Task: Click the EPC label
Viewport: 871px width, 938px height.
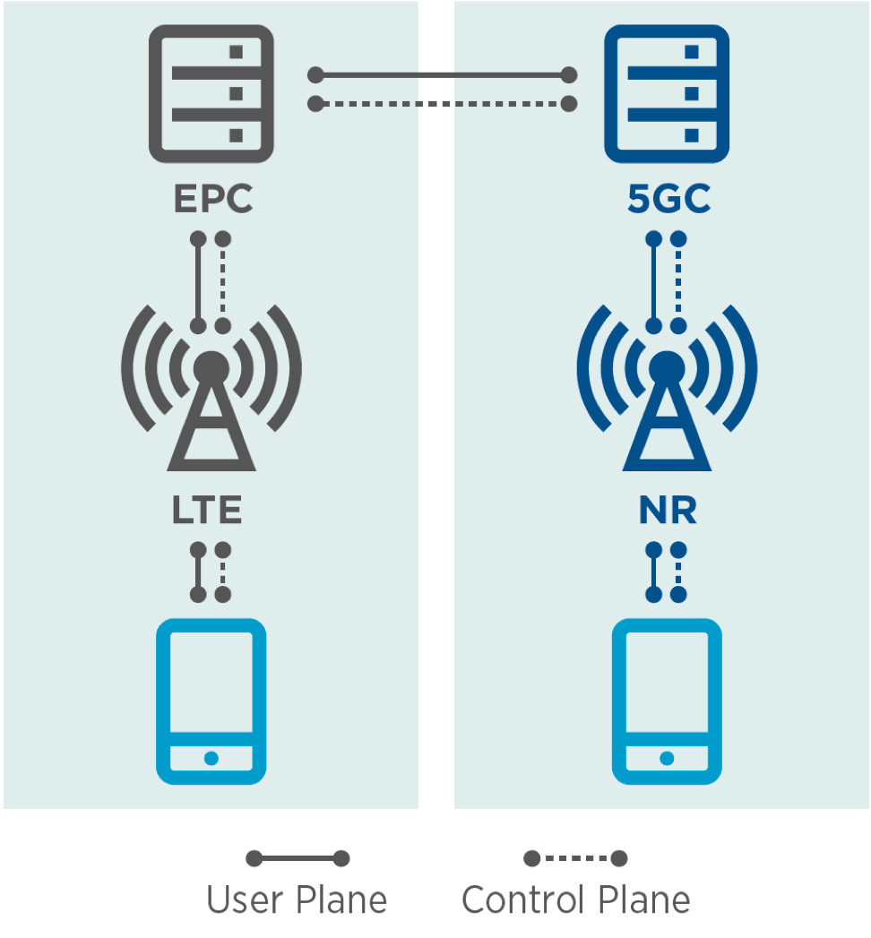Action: (x=212, y=199)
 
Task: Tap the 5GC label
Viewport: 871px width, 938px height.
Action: (x=668, y=199)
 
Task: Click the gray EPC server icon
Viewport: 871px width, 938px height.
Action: (x=211, y=94)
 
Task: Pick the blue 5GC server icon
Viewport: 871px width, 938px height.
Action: (x=667, y=94)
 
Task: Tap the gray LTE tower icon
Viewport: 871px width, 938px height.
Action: (x=211, y=394)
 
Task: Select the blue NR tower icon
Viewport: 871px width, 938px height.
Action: (x=667, y=394)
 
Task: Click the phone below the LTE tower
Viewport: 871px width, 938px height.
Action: (x=211, y=701)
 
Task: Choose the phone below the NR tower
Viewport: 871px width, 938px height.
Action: (x=667, y=701)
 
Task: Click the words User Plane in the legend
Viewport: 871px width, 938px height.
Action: (x=297, y=899)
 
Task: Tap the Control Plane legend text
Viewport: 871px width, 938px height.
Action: (x=575, y=899)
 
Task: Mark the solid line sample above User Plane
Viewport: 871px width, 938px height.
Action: (x=298, y=859)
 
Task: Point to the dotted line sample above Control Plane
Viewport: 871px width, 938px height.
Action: (x=575, y=859)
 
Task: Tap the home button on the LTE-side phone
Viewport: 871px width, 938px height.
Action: (x=211, y=758)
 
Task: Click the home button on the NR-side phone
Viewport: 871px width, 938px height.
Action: (x=667, y=758)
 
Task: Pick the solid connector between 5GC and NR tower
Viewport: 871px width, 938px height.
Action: (x=654, y=282)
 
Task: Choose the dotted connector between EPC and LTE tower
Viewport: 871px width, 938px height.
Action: (x=223, y=282)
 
